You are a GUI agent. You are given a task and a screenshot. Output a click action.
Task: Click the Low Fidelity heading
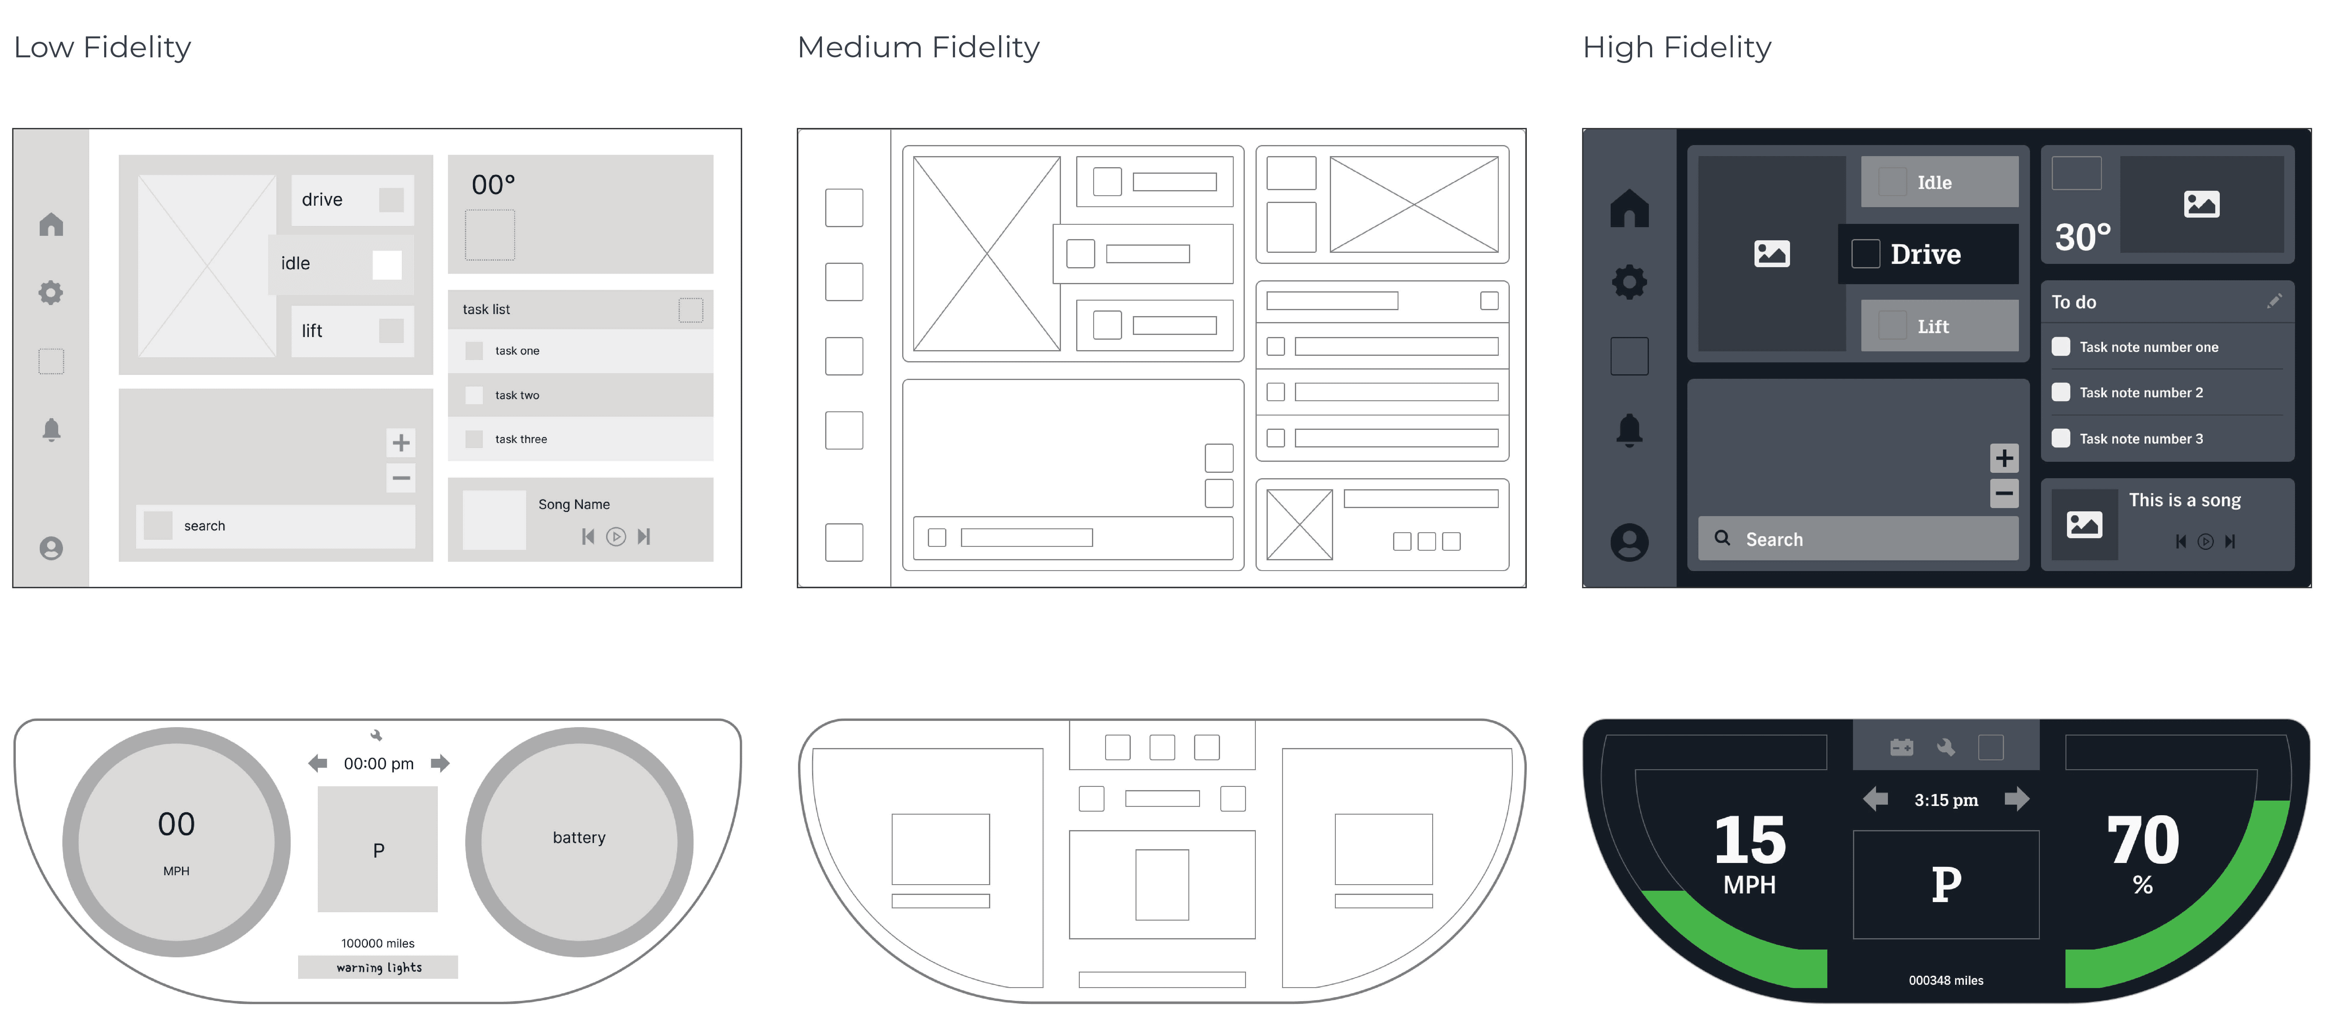pos(102,47)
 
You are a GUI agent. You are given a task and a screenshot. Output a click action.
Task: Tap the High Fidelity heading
pos(1676,47)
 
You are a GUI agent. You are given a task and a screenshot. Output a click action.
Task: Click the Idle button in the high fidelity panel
pos(1938,182)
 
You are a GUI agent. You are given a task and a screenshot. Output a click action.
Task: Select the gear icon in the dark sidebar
pos(1629,282)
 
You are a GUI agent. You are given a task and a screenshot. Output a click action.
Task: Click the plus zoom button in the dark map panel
pos(2003,458)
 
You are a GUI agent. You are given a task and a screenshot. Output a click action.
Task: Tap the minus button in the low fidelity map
pos(401,477)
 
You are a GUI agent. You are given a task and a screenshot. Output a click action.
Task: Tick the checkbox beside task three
pos(474,439)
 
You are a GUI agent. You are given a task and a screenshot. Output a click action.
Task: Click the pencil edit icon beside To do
pos(2274,301)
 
